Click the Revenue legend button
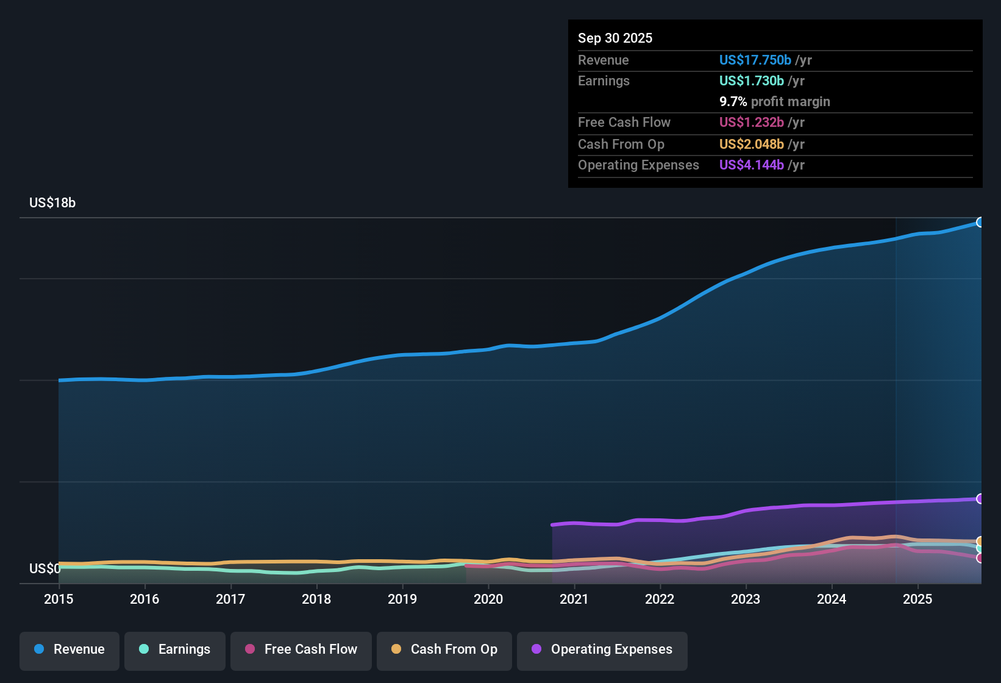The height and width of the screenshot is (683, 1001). [69, 649]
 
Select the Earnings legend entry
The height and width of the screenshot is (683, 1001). [175, 649]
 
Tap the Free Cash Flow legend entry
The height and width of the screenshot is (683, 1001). [301, 649]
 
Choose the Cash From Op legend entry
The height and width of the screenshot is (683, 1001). [444, 649]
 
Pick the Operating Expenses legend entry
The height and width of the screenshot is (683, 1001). [602, 649]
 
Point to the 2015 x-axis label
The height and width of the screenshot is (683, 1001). [59, 599]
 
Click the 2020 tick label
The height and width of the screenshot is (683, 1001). [488, 599]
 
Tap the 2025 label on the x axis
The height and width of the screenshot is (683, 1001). [917, 599]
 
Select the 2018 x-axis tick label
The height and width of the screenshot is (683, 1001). [316, 599]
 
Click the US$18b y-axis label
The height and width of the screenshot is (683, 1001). [52, 203]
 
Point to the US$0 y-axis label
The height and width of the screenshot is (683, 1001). [45, 568]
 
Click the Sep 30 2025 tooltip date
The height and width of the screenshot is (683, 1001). [615, 38]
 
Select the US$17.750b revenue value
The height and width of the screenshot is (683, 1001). [755, 60]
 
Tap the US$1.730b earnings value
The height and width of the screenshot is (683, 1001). [751, 80]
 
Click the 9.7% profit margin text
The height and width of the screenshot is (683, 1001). [774, 101]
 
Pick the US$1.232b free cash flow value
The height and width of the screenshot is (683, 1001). [751, 122]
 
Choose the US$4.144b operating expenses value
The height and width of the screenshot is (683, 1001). [751, 165]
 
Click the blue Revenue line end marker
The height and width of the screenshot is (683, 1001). [980, 222]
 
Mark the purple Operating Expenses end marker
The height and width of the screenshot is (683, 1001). [980, 499]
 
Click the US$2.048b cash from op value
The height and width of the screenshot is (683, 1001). [751, 144]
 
